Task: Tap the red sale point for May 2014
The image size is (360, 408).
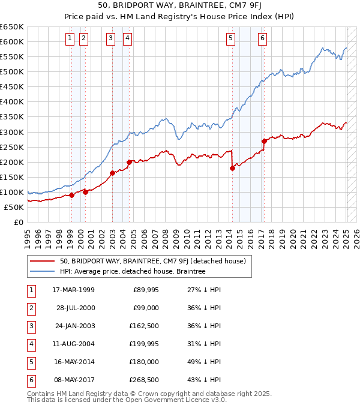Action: point(232,168)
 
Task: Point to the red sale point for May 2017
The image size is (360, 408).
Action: point(264,141)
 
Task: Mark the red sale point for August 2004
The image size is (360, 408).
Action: point(129,162)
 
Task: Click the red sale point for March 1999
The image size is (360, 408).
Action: point(71,195)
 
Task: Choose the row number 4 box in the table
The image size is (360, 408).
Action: point(31,344)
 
